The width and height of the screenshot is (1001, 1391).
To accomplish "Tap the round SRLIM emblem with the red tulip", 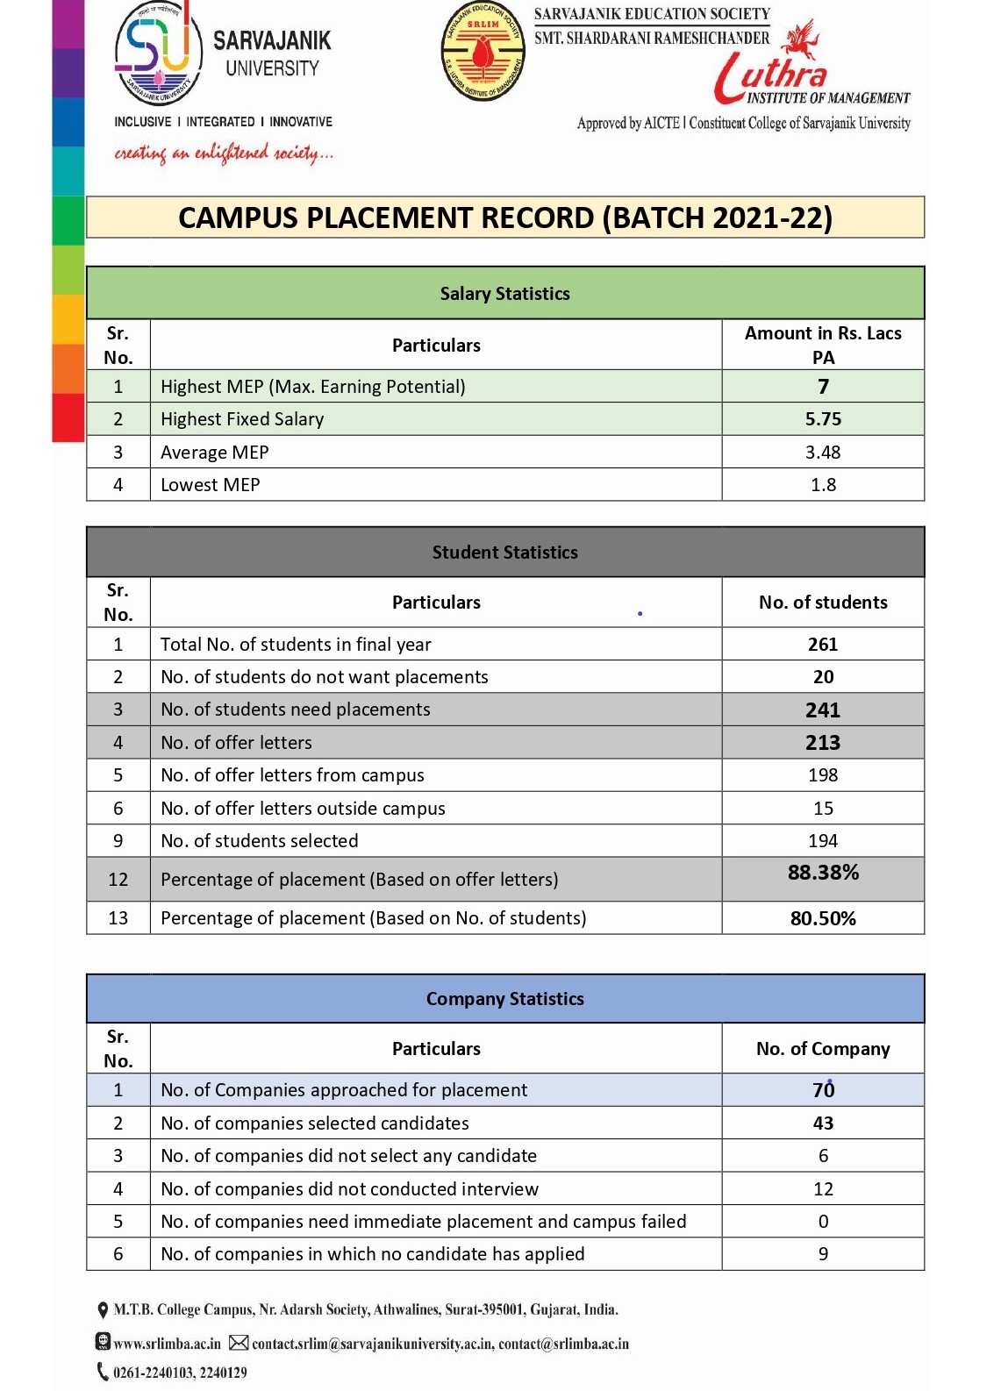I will click(483, 51).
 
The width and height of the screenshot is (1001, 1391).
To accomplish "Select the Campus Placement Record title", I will click(504, 218).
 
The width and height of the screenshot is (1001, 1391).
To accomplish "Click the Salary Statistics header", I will click(504, 293).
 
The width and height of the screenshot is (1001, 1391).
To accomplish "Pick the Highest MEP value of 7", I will click(823, 387).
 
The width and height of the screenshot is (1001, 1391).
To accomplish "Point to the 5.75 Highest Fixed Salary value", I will click(823, 419).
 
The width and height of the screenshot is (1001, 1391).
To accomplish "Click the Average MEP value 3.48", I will click(823, 453).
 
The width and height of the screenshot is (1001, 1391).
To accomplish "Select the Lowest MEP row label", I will click(211, 485).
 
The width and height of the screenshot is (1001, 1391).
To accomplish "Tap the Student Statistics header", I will click(504, 553).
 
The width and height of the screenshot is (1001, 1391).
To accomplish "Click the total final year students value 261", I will click(823, 645).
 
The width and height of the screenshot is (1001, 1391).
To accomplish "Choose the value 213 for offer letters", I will click(823, 743).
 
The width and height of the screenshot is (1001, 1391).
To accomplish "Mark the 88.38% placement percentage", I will click(823, 873).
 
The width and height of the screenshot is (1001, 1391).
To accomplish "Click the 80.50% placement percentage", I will click(823, 918).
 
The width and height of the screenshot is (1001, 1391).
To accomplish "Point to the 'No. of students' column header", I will click(823, 603).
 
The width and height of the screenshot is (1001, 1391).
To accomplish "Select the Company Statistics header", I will click(504, 999).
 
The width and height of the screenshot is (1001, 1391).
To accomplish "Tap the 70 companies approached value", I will click(823, 1090).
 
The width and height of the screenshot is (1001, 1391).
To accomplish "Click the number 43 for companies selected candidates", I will click(823, 1123).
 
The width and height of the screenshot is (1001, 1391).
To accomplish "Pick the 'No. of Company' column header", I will click(823, 1049).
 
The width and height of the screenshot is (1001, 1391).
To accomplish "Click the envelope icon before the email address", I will click(239, 1343).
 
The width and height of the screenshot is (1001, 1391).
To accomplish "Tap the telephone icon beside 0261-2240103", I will click(103, 1372).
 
